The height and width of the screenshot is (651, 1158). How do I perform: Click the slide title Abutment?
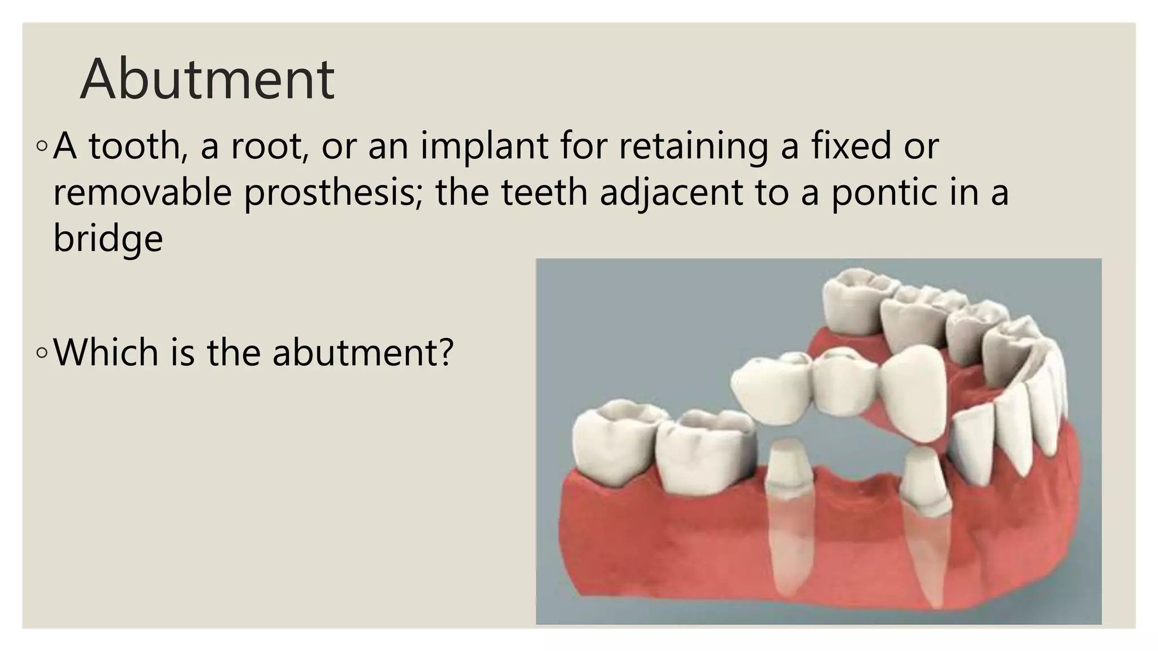click(208, 79)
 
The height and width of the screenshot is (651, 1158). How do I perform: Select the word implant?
click(483, 146)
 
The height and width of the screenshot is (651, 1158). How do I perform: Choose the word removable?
click(142, 192)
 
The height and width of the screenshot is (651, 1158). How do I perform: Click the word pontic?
click(879, 192)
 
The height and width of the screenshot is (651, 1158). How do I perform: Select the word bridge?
click(108, 238)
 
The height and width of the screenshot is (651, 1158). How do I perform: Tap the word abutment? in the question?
click(363, 351)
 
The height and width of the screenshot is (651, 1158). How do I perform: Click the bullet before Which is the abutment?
click(41, 353)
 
